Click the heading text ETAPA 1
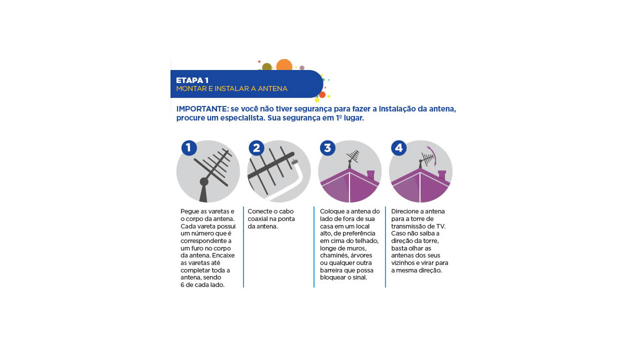192,80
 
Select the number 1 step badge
189,148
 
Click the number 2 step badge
256,148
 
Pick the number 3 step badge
327,148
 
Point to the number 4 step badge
398,148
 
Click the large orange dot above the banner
284,65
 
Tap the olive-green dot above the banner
267,67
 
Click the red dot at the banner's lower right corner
322,94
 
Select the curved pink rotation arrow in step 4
433,155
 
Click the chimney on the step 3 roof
370,175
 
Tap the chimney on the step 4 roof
441,175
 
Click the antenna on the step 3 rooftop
352,159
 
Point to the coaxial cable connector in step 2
294,162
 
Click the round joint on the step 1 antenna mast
204,181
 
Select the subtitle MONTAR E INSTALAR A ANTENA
231,88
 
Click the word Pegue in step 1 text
189,211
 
